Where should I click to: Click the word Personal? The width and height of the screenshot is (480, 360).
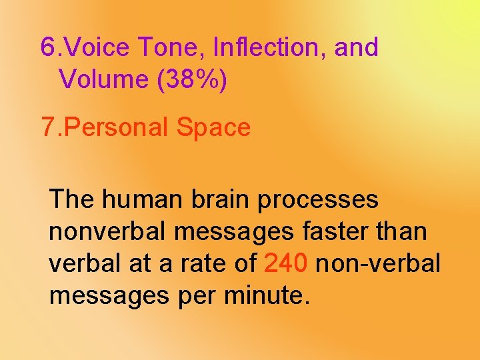tap(117, 127)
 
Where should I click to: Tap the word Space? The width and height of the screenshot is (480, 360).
tap(214, 127)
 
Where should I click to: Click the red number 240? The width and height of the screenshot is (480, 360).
tap(286, 263)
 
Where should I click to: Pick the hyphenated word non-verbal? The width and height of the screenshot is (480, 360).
tap(378, 263)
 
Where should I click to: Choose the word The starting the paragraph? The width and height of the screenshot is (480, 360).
tap(72, 199)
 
